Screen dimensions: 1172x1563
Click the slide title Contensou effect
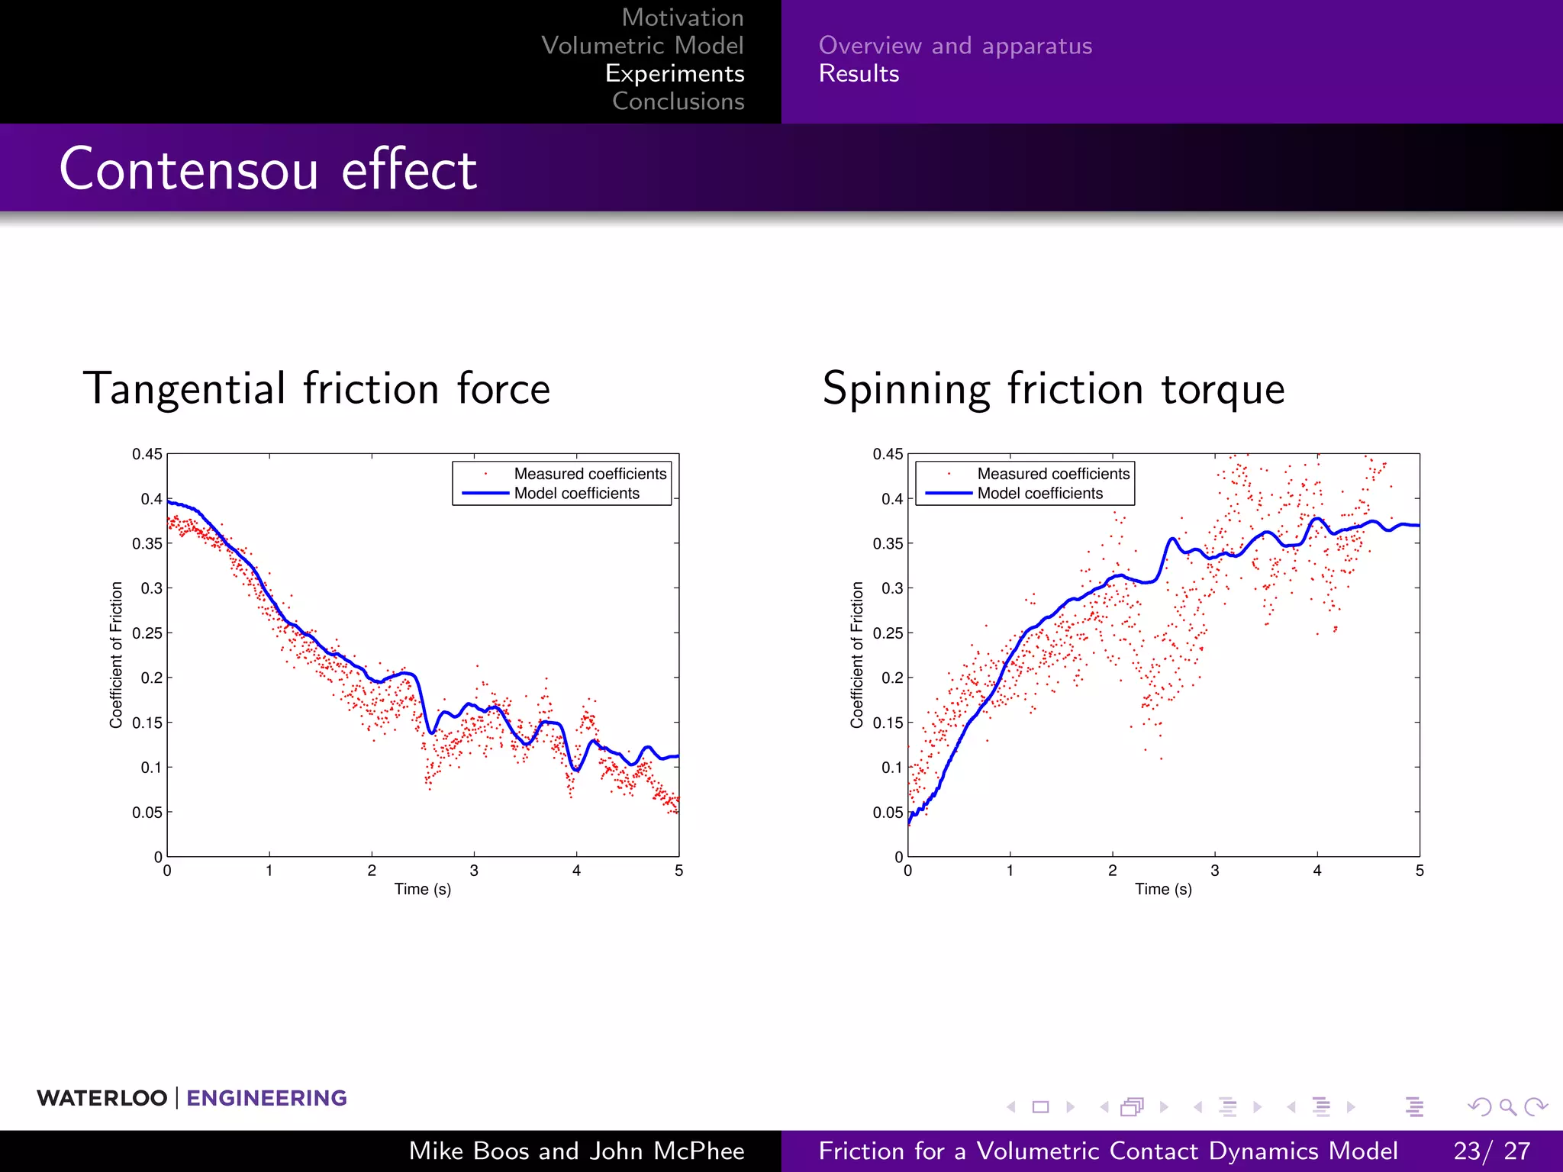tap(268, 169)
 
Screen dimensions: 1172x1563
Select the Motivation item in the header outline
tap(682, 18)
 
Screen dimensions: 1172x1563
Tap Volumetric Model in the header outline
tap(642, 46)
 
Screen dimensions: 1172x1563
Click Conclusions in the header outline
tap(678, 101)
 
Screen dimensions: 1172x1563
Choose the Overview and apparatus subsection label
tap(955, 46)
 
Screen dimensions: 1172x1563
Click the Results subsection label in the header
tap(859, 74)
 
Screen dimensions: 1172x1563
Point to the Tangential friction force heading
tap(316, 388)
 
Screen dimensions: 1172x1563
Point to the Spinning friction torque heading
tap(1053, 388)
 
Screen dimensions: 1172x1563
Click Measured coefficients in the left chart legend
tap(590, 474)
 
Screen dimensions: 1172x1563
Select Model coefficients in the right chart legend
tap(1039, 494)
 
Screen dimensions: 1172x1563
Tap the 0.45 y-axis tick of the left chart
tap(147, 454)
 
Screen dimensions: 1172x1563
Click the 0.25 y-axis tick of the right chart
tap(888, 633)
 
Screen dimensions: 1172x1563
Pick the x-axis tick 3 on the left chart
tap(474, 871)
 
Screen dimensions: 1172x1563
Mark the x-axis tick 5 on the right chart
tap(1420, 871)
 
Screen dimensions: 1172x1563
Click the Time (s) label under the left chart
tap(422, 889)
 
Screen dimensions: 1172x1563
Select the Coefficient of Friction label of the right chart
tap(857, 655)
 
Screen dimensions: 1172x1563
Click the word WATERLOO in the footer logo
tap(102, 1098)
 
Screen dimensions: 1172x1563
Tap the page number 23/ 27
tap(1491, 1151)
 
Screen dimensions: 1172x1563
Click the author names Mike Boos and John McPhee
tap(576, 1151)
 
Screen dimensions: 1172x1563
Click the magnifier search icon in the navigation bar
tap(1507, 1106)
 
